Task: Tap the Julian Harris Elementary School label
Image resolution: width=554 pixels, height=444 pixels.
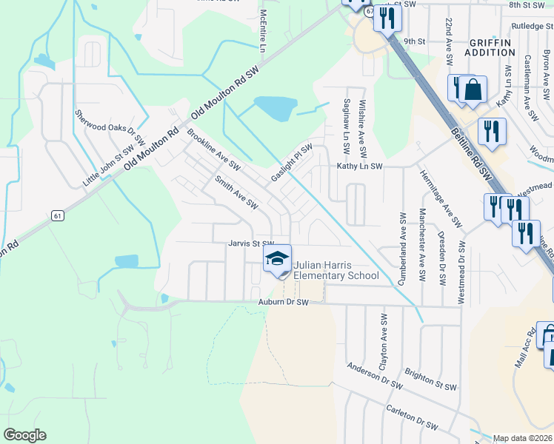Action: pos(336,271)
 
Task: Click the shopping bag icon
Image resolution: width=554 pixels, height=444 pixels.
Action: pos(473,90)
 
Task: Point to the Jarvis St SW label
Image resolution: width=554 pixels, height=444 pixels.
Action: pos(251,243)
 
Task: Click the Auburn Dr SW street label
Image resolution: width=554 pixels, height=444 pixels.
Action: pos(283,303)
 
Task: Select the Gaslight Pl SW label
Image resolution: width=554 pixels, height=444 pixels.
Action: pos(291,164)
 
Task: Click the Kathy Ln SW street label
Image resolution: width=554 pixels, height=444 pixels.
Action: pos(359,168)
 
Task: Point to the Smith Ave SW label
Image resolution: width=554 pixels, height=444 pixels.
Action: pos(236,192)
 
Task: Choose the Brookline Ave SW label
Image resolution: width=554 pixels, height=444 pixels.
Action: pos(214,147)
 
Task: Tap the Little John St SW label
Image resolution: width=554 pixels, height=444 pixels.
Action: pos(103,169)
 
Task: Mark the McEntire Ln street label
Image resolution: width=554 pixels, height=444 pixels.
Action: pos(262,33)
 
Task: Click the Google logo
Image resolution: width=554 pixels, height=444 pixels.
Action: pos(24,435)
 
